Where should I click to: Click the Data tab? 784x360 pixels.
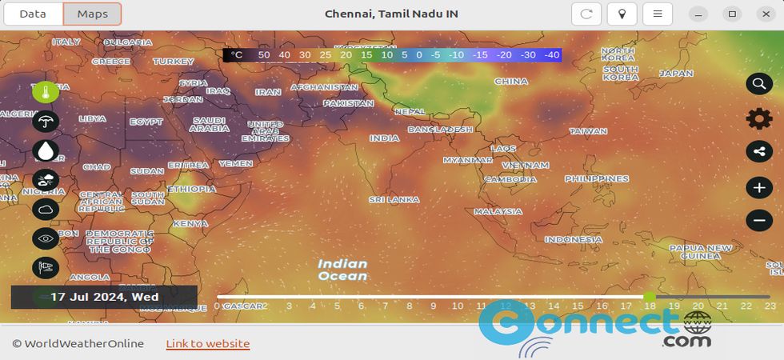[x=33, y=14]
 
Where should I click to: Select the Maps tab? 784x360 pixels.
[x=93, y=14]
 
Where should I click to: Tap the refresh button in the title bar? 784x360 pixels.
[x=586, y=14]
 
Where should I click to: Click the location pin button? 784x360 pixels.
[x=622, y=14]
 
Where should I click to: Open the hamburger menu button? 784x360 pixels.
[x=658, y=14]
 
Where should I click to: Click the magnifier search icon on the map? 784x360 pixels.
[x=758, y=83]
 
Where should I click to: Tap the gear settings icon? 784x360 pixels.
[x=758, y=118]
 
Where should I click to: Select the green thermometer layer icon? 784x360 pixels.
[x=46, y=91]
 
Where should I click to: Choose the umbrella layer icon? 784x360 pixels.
[x=46, y=122]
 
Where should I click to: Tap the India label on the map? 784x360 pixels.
[x=384, y=138]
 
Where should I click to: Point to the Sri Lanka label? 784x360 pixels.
[x=394, y=198]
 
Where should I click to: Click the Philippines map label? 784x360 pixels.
[x=597, y=178]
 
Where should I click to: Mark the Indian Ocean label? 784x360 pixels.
[x=342, y=270]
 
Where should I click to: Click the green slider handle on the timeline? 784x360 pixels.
[x=649, y=297]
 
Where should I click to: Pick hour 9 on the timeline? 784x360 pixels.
[x=434, y=306]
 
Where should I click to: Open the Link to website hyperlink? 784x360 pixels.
[x=208, y=344]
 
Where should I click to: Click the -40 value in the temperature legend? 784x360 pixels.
[x=551, y=55]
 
